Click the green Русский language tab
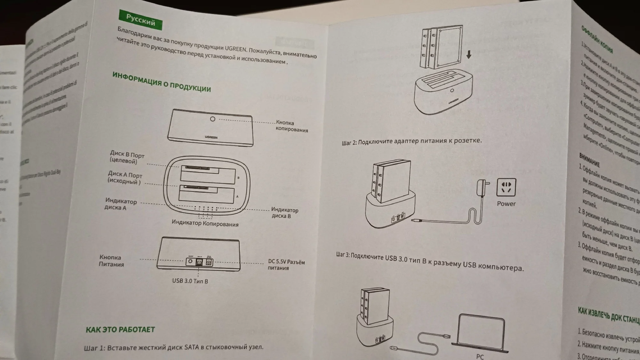point(140,20)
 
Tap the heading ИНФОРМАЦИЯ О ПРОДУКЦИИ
point(162,82)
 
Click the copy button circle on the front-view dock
point(212,119)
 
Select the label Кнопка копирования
point(292,126)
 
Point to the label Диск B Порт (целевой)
point(127,157)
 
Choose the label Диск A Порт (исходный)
point(125,178)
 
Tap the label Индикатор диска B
point(284,213)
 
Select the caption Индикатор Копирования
point(205,223)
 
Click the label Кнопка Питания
point(111,261)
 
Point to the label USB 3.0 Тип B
point(190,281)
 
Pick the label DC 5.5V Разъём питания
point(286,265)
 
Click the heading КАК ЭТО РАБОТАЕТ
point(120,330)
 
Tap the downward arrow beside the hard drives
point(469,55)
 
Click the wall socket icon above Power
point(506,188)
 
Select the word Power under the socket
point(506,204)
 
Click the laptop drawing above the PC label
point(481,333)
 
